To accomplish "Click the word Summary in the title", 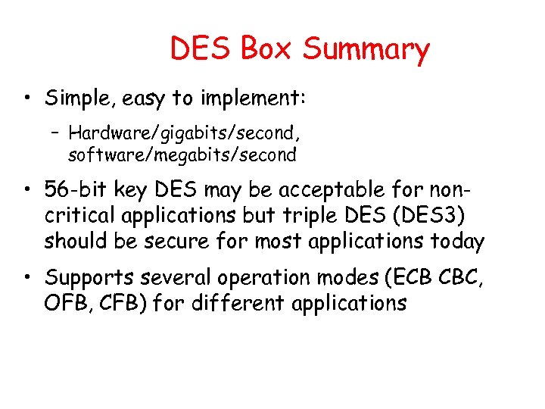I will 366,49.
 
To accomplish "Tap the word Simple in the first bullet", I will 73,98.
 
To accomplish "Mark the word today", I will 458,242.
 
